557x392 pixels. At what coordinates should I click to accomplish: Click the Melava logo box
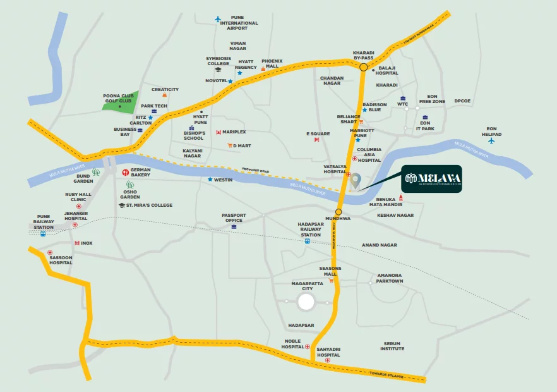click(432, 179)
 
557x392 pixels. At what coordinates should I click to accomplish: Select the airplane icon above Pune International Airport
click(219, 19)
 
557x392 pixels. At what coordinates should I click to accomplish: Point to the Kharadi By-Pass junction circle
click(363, 66)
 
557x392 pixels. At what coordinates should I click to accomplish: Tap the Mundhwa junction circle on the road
click(338, 212)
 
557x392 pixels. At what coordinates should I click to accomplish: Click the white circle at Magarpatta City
click(306, 302)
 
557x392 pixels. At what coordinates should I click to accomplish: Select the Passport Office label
click(233, 217)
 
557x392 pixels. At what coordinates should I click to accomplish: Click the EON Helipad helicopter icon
click(491, 140)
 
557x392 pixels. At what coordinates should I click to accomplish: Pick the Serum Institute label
click(392, 346)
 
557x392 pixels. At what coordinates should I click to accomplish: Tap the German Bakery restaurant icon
click(125, 171)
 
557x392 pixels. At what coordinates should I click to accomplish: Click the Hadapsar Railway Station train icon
click(307, 241)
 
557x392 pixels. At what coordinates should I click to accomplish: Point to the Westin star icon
click(210, 180)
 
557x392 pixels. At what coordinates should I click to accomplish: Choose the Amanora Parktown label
click(390, 278)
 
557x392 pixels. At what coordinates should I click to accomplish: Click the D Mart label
click(242, 146)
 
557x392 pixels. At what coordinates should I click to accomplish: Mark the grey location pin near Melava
click(356, 181)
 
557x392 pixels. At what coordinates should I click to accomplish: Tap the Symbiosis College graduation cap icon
click(218, 70)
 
